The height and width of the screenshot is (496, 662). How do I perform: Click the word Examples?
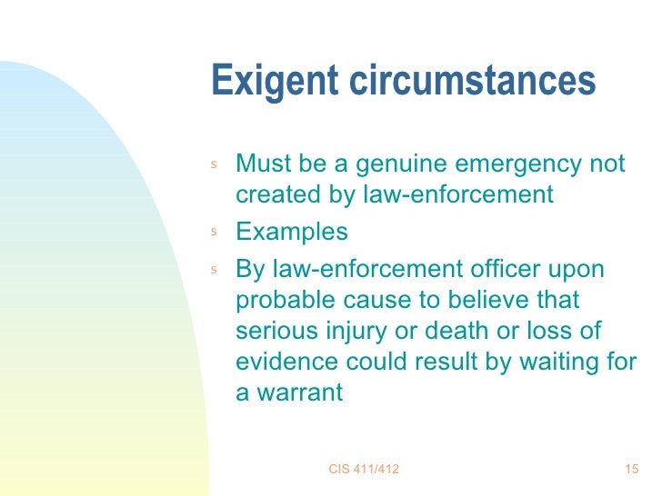coord(291,232)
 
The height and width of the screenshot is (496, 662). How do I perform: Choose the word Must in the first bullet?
coord(265,164)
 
